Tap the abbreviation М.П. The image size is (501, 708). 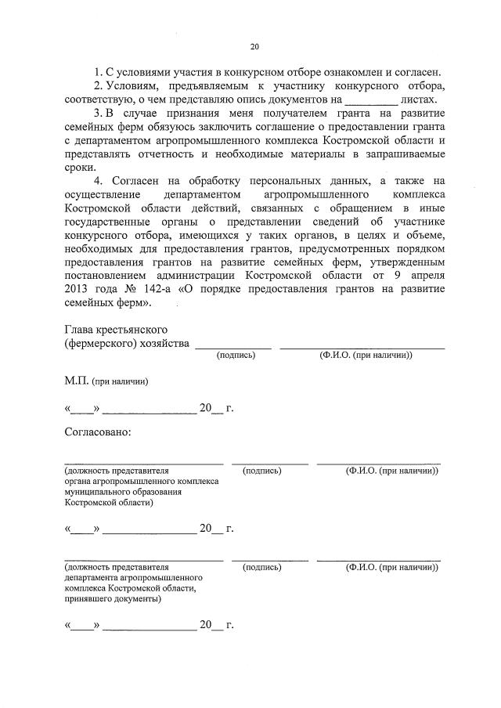(76, 381)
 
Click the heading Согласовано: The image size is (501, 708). (98, 432)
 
